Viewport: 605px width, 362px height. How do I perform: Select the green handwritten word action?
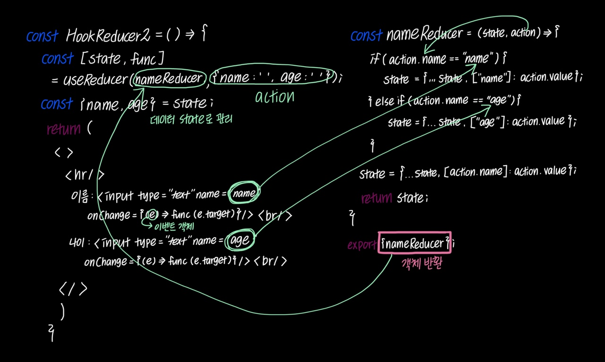click(275, 97)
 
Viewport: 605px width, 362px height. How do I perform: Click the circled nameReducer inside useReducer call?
click(169, 79)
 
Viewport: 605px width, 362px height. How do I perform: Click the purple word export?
click(362, 245)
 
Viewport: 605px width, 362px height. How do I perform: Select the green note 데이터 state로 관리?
click(191, 119)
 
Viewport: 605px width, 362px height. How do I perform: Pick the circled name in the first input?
click(244, 193)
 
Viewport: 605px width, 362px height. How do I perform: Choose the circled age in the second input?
click(240, 240)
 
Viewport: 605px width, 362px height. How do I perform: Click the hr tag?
click(85, 175)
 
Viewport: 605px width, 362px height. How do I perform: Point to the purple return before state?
click(376, 198)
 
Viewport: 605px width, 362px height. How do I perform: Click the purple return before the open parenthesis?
click(63, 129)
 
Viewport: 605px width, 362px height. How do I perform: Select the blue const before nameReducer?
click(366, 35)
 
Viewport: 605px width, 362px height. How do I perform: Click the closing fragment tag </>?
click(73, 288)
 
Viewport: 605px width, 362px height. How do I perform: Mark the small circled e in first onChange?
click(151, 215)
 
